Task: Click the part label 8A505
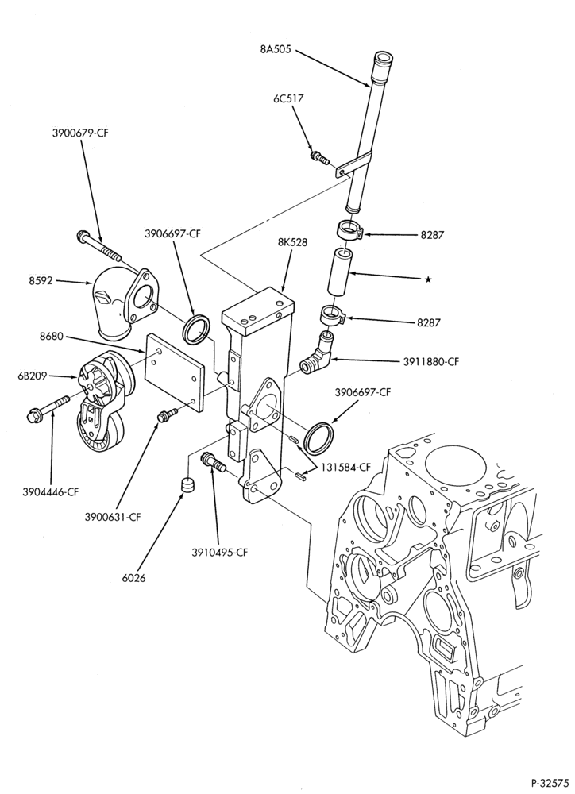pyautogui.click(x=276, y=49)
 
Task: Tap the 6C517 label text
pyautogui.click(x=288, y=98)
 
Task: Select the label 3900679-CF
pyautogui.click(x=80, y=133)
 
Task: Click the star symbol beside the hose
pyautogui.click(x=428, y=279)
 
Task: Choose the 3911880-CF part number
pyautogui.click(x=431, y=361)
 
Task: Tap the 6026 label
pyautogui.click(x=133, y=577)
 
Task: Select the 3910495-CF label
pyautogui.click(x=220, y=553)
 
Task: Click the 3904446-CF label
pyautogui.click(x=51, y=491)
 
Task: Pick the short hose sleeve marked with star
pyautogui.click(x=338, y=272)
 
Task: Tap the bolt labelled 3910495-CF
pyautogui.click(x=214, y=462)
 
